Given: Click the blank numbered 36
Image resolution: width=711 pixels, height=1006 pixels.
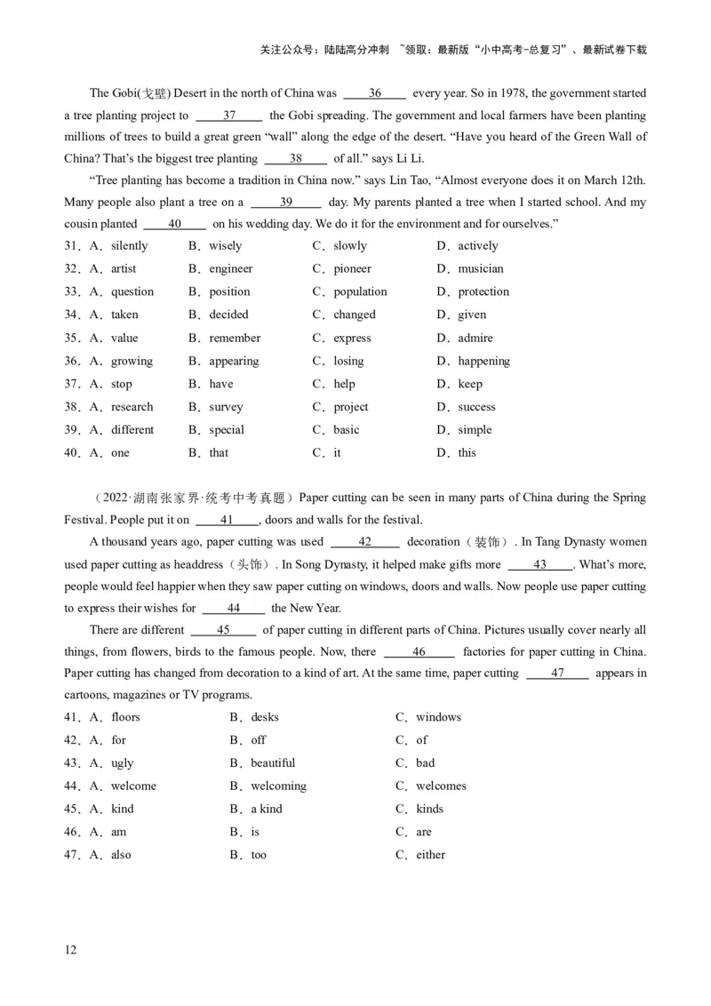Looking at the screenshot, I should pyautogui.click(x=374, y=93).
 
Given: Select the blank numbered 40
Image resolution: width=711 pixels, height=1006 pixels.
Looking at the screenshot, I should pyautogui.click(x=174, y=224).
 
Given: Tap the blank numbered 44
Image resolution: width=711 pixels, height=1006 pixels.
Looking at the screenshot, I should pyautogui.click(x=234, y=608).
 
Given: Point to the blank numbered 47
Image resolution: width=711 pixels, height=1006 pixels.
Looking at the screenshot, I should pyautogui.click(x=557, y=673).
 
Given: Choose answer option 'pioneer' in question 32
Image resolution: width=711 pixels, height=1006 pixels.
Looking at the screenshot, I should pyautogui.click(x=352, y=268).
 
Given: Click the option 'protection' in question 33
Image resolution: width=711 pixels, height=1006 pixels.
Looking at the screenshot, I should pyautogui.click(x=483, y=291).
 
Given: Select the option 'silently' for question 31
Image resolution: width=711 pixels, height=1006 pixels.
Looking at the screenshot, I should pyautogui.click(x=129, y=245).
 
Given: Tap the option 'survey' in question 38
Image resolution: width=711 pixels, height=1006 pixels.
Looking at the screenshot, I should pyautogui.click(x=226, y=407).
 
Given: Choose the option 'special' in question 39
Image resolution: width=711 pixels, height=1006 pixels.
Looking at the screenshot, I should pyautogui.click(x=227, y=429).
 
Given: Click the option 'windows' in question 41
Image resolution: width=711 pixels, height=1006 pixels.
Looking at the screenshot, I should pyautogui.click(x=438, y=717).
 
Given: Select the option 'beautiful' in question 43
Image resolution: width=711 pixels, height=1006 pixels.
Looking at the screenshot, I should pyautogui.click(x=273, y=762).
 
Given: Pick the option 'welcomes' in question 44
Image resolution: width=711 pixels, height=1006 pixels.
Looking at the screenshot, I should pyautogui.click(x=441, y=786).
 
